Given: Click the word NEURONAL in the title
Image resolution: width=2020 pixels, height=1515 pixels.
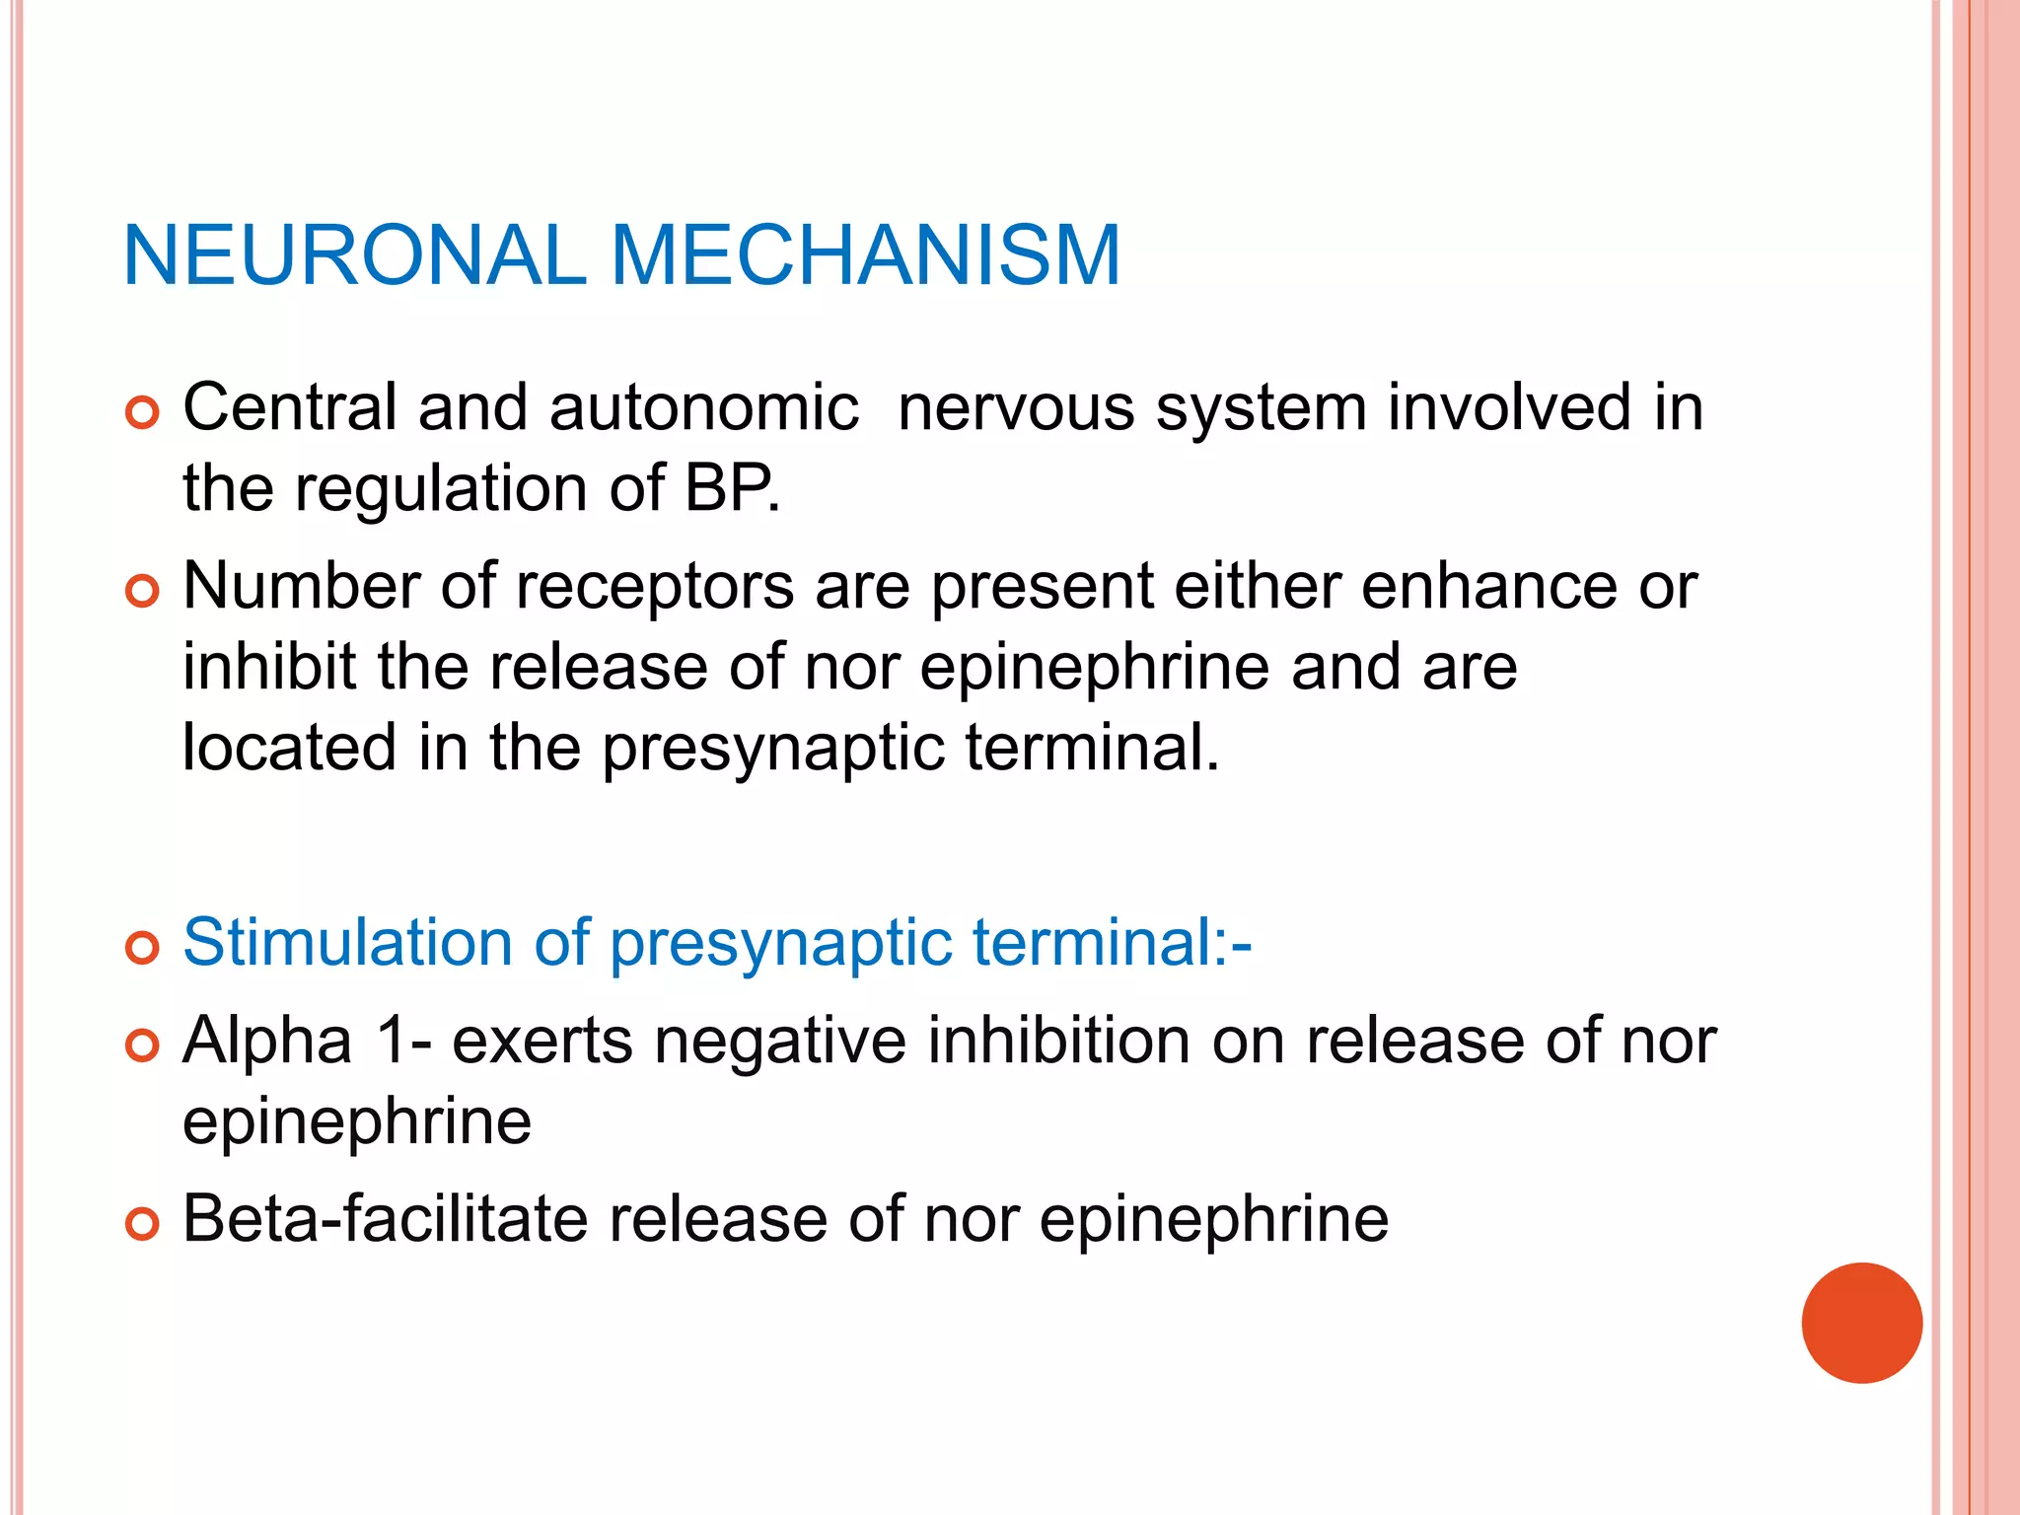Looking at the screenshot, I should click(x=354, y=255).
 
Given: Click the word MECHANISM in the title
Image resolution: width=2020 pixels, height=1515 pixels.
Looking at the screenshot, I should click(x=865, y=255).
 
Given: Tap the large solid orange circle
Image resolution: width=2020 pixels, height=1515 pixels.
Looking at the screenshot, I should click(x=1861, y=1323).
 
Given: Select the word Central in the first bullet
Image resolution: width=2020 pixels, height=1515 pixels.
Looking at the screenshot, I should click(x=290, y=407).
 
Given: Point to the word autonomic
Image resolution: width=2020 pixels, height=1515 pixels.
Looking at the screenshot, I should click(x=703, y=407).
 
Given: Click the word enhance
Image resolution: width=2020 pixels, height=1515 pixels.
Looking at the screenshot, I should click(x=1489, y=586).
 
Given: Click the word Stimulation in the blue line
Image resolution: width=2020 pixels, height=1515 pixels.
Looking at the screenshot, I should click(x=347, y=942).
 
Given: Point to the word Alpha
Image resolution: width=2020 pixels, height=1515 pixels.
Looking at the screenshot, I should click(x=267, y=1041).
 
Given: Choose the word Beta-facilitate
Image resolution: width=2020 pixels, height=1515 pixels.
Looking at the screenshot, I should click(x=385, y=1218).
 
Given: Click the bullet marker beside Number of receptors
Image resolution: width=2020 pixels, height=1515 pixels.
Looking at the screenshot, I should click(x=142, y=592).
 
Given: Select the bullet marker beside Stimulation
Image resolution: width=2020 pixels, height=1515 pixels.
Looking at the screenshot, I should click(x=142, y=948).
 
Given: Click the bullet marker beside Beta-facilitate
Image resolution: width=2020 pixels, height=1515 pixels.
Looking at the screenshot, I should click(x=142, y=1224).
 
